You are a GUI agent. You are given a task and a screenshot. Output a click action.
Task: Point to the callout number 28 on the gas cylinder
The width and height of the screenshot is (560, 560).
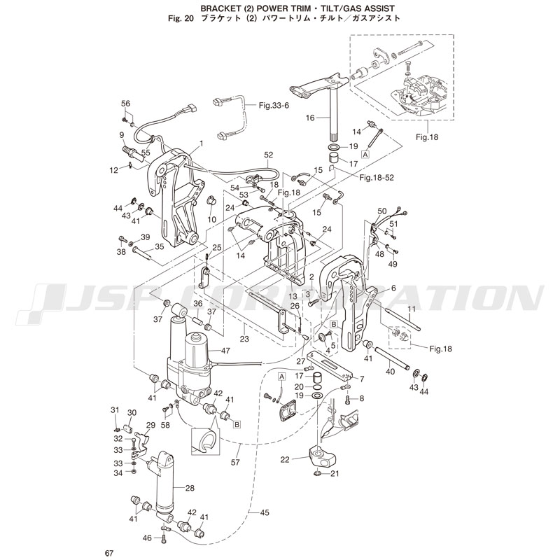tap(190, 487)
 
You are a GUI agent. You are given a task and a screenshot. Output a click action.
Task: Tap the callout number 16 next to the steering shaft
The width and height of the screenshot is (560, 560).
tap(311, 119)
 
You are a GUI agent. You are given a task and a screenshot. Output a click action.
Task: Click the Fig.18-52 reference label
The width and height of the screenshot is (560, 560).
tap(377, 178)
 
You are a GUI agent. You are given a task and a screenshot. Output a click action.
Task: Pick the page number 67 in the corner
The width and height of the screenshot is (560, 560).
tap(109, 554)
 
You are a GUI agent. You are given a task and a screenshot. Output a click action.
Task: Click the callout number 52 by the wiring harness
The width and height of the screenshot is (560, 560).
tap(268, 155)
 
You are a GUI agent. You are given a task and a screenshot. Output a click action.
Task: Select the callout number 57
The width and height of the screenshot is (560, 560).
tap(235, 463)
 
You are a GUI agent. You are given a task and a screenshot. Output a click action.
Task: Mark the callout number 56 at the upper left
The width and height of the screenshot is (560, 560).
tap(126, 104)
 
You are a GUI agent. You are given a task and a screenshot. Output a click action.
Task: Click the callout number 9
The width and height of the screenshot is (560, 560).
tap(121, 135)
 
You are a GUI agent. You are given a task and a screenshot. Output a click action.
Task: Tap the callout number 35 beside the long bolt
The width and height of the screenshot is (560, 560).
tap(159, 246)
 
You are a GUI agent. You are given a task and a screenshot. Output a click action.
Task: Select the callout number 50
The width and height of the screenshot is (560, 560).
tap(382, 211)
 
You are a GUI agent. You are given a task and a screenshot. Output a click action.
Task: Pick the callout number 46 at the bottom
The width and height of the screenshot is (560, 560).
tap(147, 538)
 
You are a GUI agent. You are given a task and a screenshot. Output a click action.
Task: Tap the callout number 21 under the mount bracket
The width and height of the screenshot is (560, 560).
tap(334, 475)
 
